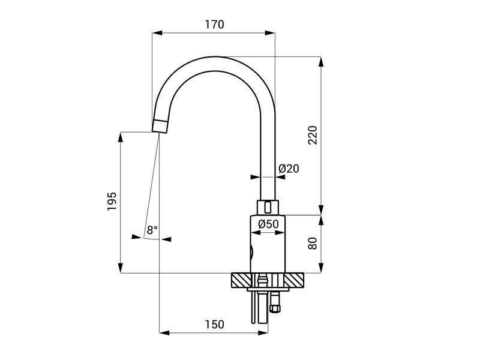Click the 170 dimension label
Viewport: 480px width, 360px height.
tap(214, 24)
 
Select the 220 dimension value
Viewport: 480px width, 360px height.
tap(313, 135)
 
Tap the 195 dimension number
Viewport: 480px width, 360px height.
tap(112, 201)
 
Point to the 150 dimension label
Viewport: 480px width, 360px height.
tap(214, 324)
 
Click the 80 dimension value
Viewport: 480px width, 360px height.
tap(313, 244)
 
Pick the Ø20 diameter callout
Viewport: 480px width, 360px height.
tap(289, 169)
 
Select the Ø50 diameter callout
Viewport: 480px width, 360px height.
tap(268, 224)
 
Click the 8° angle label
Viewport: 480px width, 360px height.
tap(152, 230)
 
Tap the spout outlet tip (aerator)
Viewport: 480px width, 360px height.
tap(160, 127)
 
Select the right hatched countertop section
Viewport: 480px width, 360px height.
tap(294, 280)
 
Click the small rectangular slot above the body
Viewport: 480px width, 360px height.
tap(268, 207)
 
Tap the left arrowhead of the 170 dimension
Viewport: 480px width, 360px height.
tap(157, 33)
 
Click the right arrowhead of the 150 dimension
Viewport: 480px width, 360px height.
tap(263, 333)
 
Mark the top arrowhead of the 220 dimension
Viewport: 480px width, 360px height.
tap(321, 62)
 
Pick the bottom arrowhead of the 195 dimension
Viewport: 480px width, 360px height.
tap(121, 268)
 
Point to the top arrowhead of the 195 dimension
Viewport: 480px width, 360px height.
tap(121, 137)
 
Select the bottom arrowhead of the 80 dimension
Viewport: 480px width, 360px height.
tap(321, 268)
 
